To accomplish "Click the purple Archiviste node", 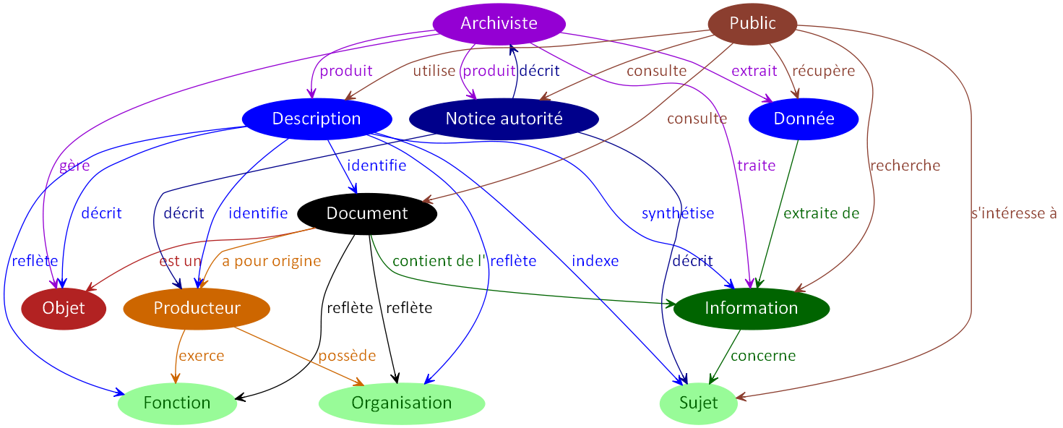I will [x=499, y=23].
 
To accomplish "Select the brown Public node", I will [x=752, y=24].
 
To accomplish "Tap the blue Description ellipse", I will [x=317, y=119].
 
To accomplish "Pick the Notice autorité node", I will [x=504, y=119].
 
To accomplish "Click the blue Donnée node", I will [x=804, y=119].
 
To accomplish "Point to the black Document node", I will [x=367, y=213].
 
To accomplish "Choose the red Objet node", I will [x=64, y=308].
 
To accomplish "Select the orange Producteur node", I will [x=197, y=308].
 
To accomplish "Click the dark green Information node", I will [x=751, y=308].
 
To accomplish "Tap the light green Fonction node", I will [x=177, y=403].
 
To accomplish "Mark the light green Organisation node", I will [x=401, y=403].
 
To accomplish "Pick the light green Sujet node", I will [x=698, y=403].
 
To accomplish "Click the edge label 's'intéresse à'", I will [x=1014, y=213].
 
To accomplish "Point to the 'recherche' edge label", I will [x=905, y=166].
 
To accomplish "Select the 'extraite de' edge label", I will [x=821, y=213].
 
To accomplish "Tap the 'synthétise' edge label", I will [x=677, y=213].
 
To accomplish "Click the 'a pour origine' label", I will [x=271, y=261].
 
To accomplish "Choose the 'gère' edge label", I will [x=74, y=166].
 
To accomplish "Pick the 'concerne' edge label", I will [x=762, y=356].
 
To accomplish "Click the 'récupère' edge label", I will [x=823, y=71].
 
